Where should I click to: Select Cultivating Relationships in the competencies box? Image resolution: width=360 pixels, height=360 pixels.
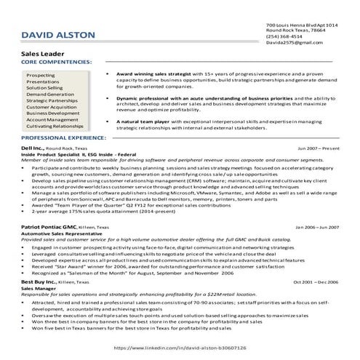click(55, 127)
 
